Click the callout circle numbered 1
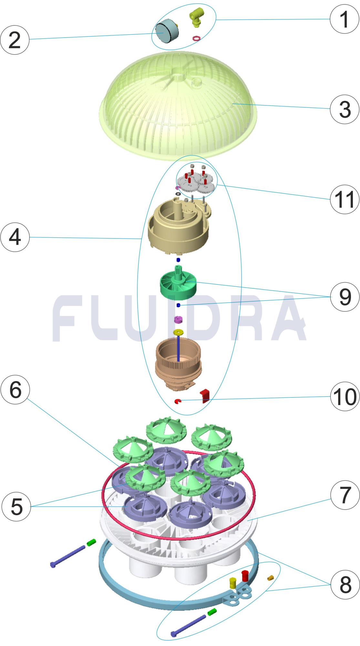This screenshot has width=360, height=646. [x=345, y=19]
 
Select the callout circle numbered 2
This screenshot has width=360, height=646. [x=15, y=40]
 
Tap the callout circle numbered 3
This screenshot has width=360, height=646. [x=345, y=109]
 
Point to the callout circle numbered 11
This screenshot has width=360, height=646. [x=345, y=199]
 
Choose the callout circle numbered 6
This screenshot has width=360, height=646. [x=15, y=390]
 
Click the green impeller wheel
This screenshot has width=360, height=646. [x=178, y=285]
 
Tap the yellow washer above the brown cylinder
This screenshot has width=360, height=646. [x=178, y=332]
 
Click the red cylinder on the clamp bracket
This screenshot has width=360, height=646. [x=245, y=575]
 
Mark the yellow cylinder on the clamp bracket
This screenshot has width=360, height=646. [x=233, y=583]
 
